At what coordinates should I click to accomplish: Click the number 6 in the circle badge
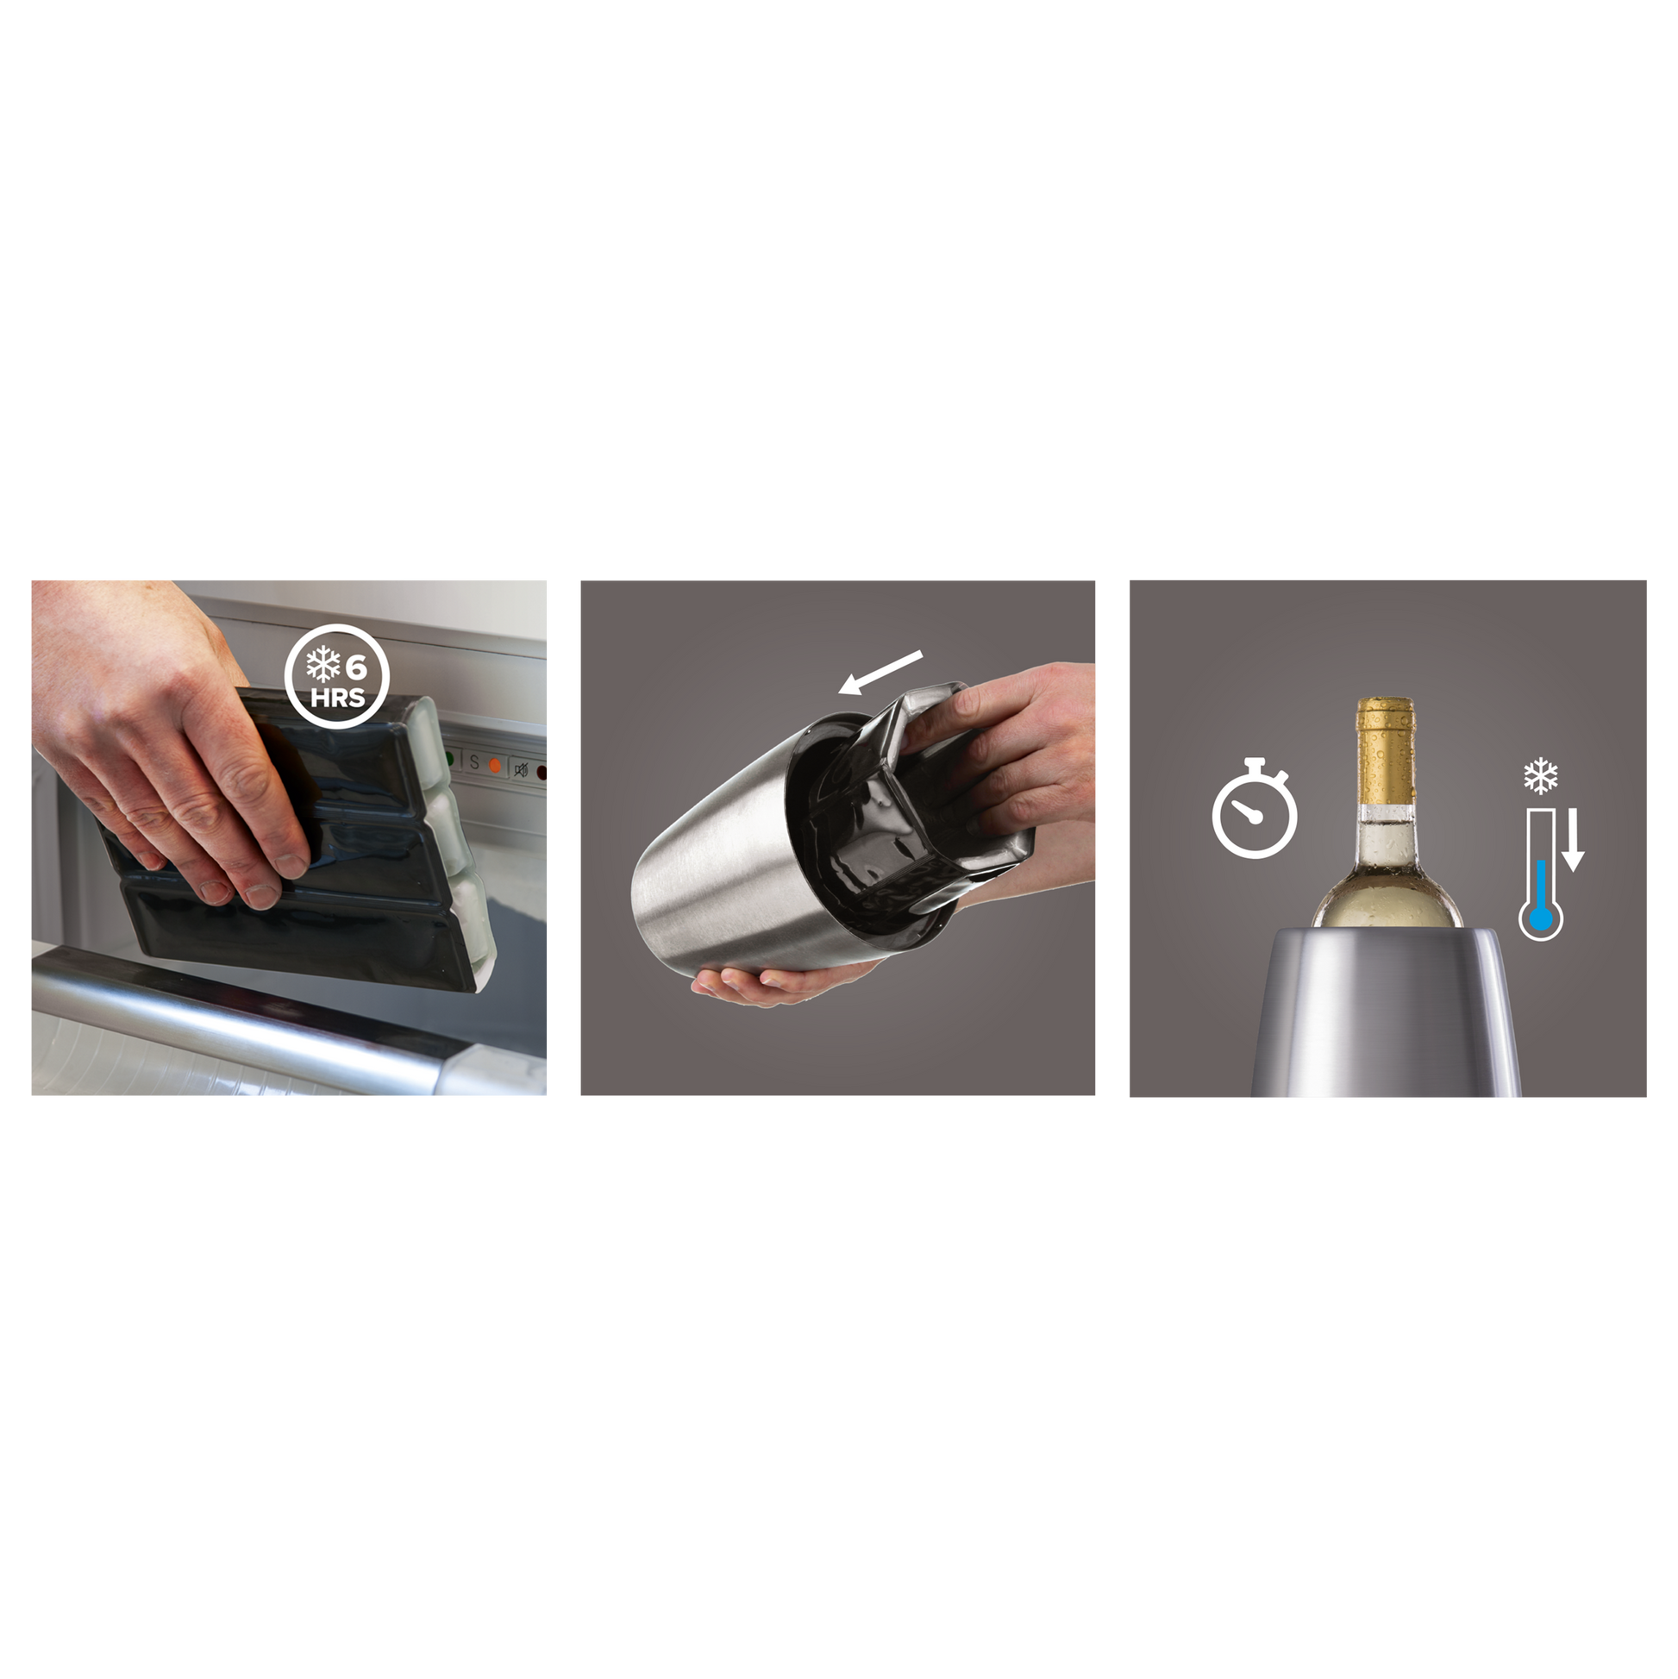coord(356,667)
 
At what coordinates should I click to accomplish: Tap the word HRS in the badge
coord(338,698)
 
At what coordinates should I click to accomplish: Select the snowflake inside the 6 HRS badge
coord(322,667)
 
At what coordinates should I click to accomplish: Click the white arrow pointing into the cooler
coord(880,673)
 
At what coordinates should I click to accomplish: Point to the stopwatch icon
coord(1254,808)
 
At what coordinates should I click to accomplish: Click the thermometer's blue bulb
coord(1541,919)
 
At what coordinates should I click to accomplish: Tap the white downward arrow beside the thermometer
coord(1573,840)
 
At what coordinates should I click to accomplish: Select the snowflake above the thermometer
coord(1541,776)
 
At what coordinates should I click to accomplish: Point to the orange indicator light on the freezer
coord(495,766)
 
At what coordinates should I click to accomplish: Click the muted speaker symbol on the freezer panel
coord(522,769)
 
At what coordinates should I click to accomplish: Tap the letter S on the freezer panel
coord(473,763)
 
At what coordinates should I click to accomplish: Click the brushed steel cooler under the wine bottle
coord(1385,1012)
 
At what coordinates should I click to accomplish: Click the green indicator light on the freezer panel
coord(449,759)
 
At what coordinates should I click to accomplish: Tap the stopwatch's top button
coord(1255,762)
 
